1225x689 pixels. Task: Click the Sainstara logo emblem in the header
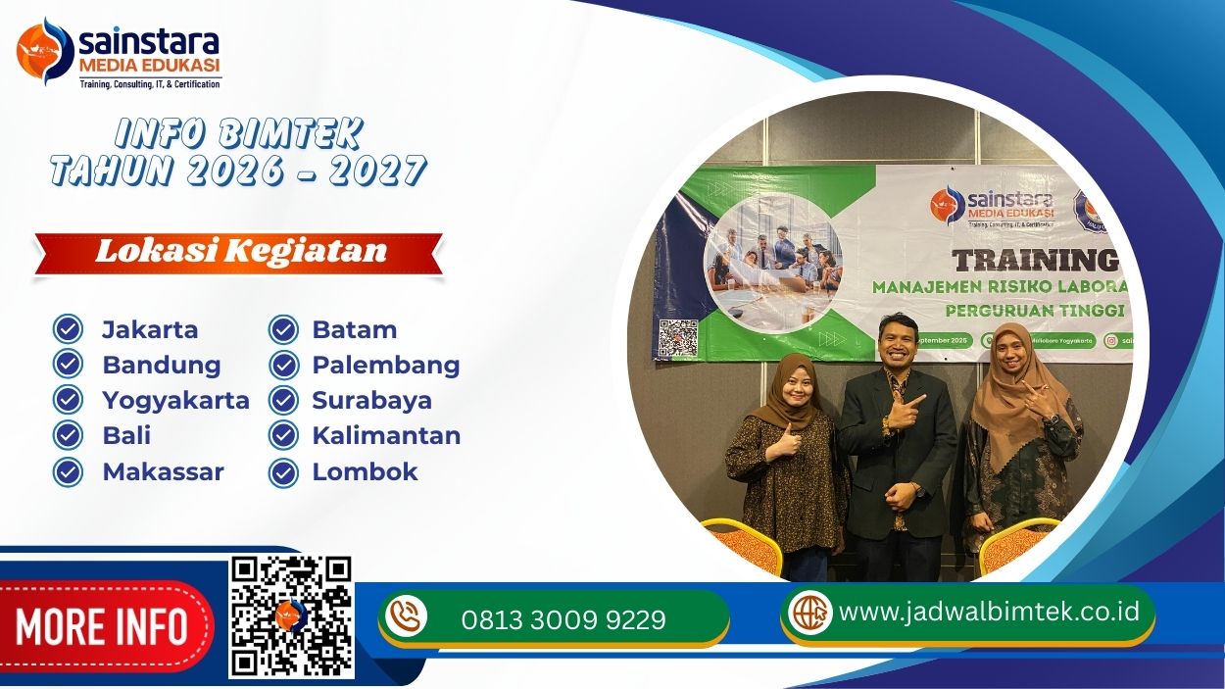click(x=44, y=51)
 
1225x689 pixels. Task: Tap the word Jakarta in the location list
click(x=150, y=329)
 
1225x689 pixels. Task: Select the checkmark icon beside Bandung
click(x=67, y=365)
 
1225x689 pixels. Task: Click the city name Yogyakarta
click(x=175, y=400)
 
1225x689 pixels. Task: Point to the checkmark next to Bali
click(x=67, y=435)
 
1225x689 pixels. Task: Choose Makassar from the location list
click(x=163, y=471)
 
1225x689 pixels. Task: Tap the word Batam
click(x=354, y=329)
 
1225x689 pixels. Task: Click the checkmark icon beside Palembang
click(x=283, y=365)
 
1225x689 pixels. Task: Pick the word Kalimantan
click(x=386, y=435)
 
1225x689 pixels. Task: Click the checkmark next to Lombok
click(x=283, y=472)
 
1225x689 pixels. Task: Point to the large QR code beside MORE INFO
click(x=291, y=616)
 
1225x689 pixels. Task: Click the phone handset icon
click(x=406, y=616)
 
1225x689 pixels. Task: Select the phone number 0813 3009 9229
click(x=563, y=619)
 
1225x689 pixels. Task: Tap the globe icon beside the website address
click(x=810, y=613)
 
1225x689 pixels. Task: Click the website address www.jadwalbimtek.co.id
click(x=989, y=612)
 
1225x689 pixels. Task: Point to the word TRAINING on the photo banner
click(x=1035, y=260)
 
